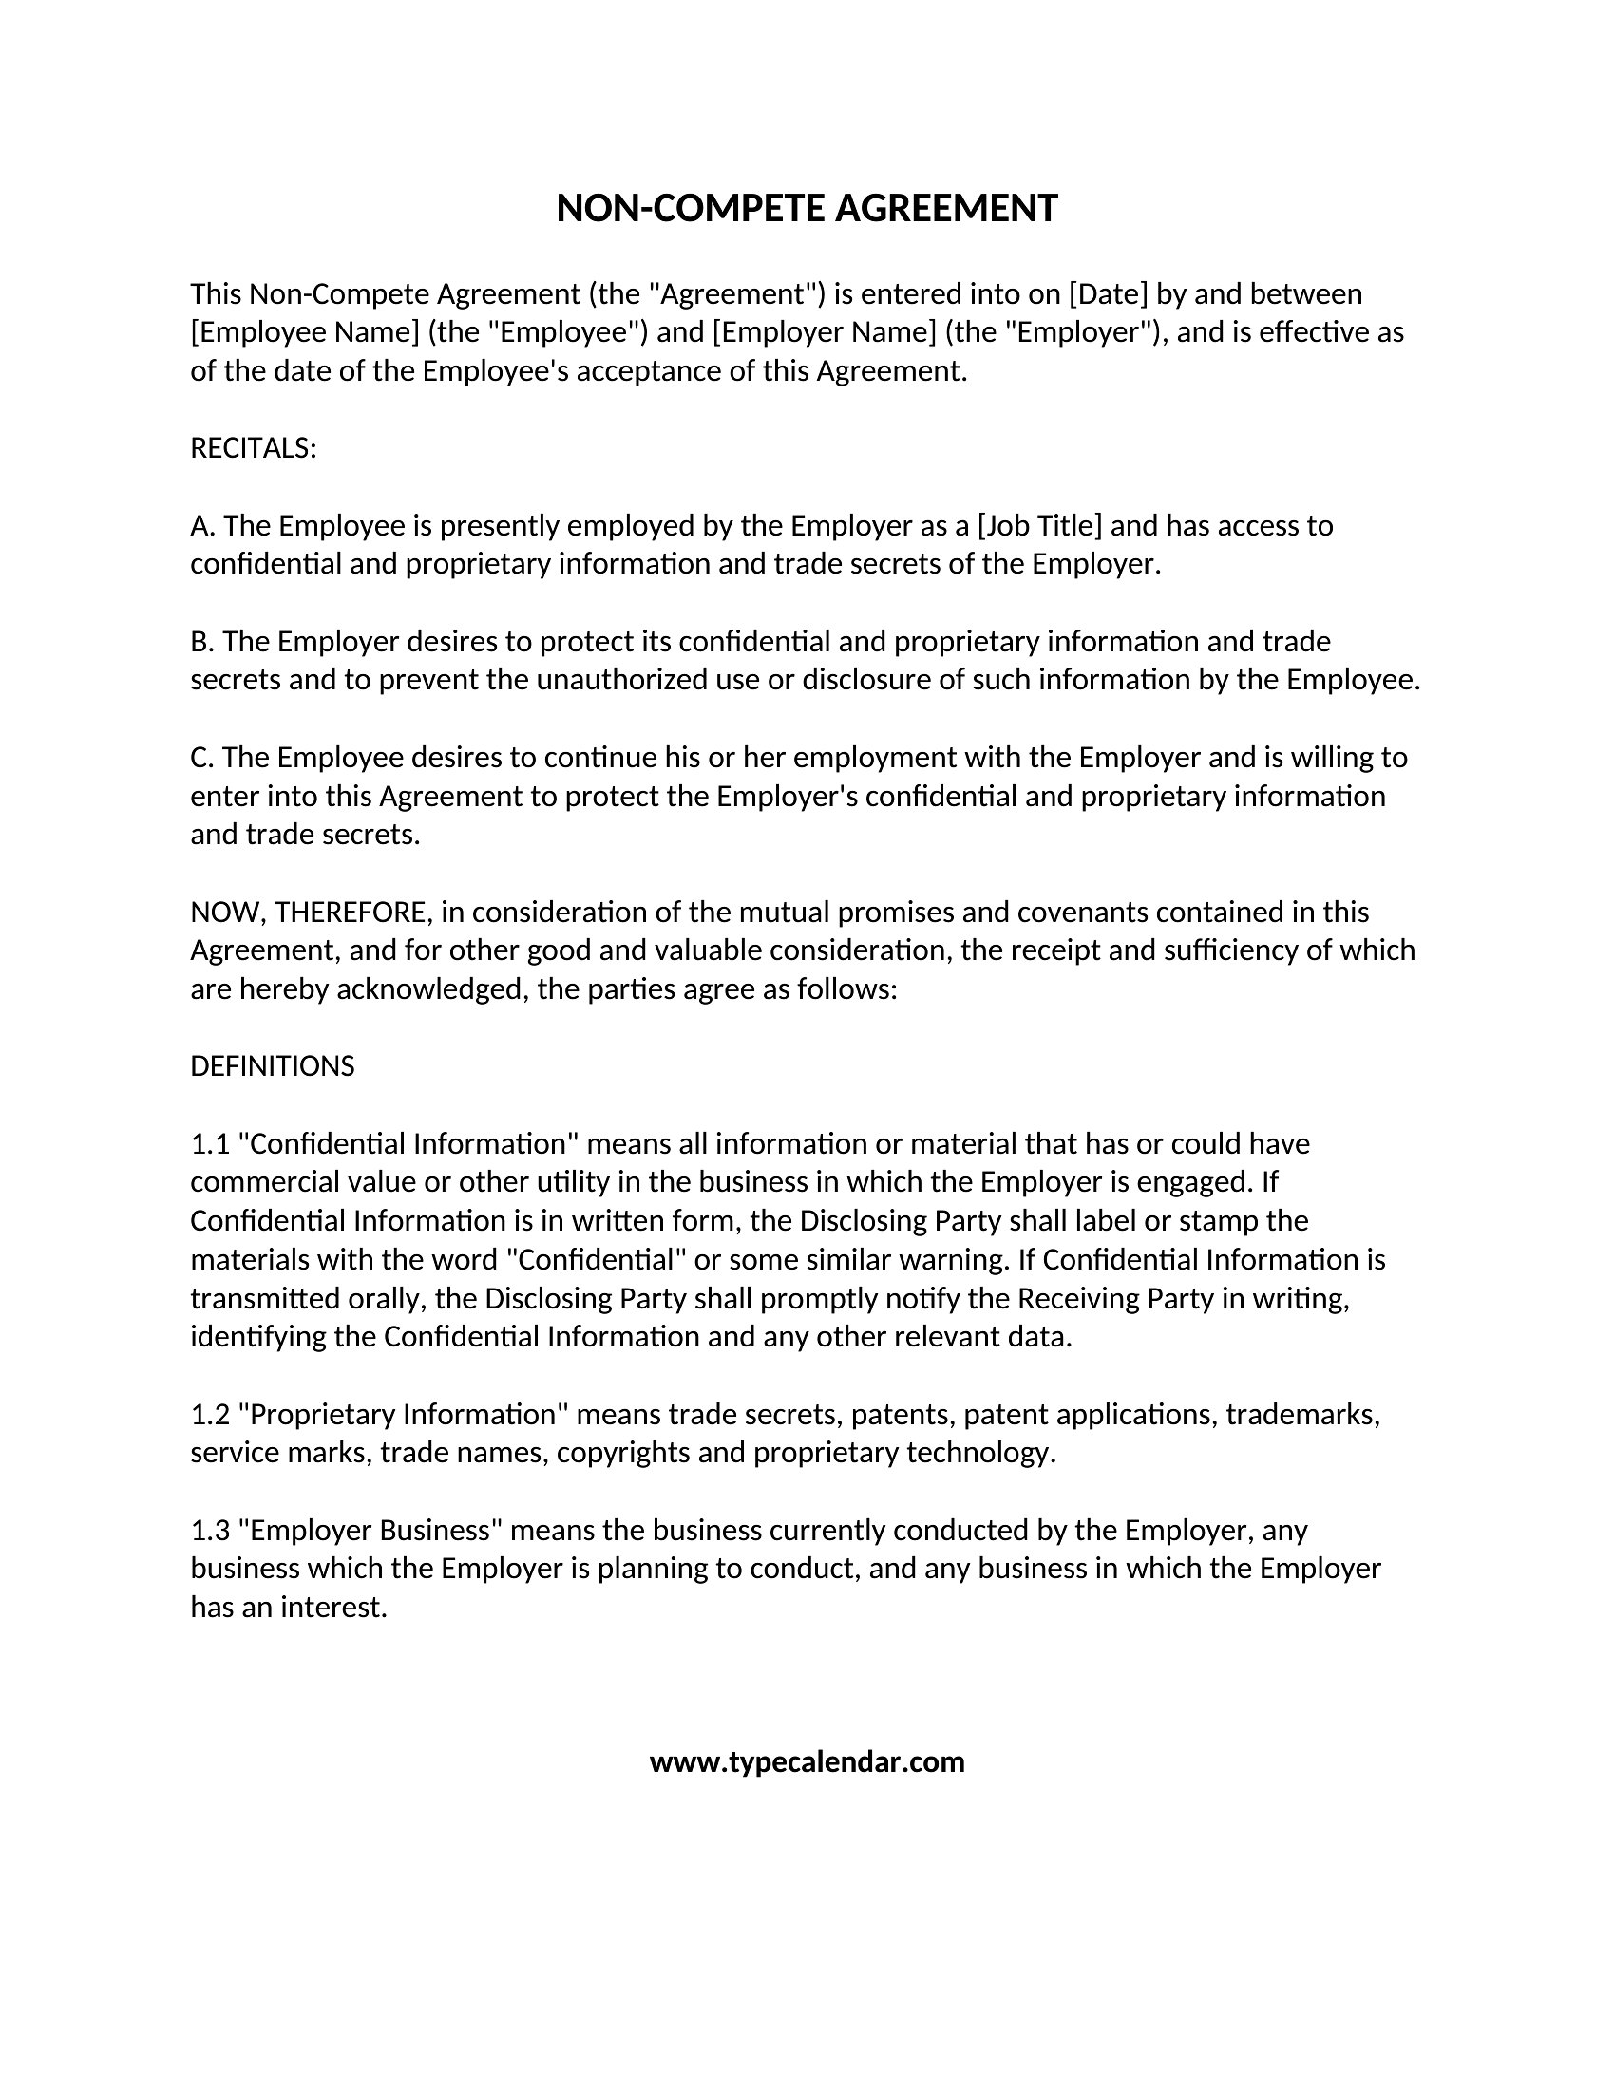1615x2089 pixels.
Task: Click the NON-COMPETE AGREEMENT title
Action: coord(807,209)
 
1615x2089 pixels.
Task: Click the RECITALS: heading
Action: coord(254,448)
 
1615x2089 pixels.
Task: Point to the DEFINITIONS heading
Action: coord(273,1066)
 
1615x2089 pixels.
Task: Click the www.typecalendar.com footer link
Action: coord(807,1761)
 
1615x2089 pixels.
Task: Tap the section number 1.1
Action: coord(210,1144)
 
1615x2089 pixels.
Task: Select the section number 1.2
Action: coord(210,1415)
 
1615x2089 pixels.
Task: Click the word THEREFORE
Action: coord(351,913)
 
